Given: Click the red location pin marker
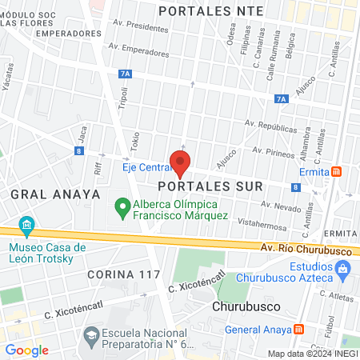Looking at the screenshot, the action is (181, 163).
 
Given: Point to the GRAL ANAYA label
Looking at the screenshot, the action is (55, 194).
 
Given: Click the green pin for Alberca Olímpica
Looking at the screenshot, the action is (122, 208).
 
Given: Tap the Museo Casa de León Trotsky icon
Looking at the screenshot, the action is (28, 225).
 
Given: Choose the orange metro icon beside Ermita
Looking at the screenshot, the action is (338, 171).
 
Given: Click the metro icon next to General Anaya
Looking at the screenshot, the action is (298, 329).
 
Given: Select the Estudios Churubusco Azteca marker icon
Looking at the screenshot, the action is (343, 271).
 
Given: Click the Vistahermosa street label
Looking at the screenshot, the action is (262, 226).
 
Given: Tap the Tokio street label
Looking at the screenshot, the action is (135, 142).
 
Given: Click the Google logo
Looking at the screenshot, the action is (27, 350).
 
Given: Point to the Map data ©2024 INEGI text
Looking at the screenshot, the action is (311, 354).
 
